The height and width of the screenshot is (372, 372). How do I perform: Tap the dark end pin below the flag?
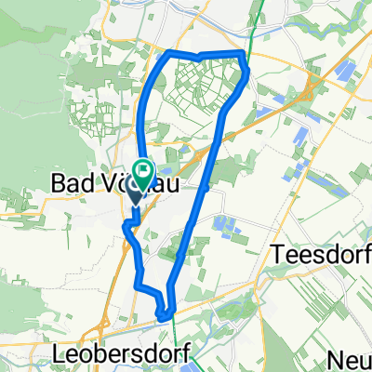pyautogui.click(x=134, y=196)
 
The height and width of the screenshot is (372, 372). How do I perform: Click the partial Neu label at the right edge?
pyautogui.click(x=352, y=361)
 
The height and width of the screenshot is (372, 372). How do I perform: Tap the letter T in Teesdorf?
pyautogui.click(x=274, y=252)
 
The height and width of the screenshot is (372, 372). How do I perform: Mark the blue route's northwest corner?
pyautogui.click(x=168, y=56)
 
